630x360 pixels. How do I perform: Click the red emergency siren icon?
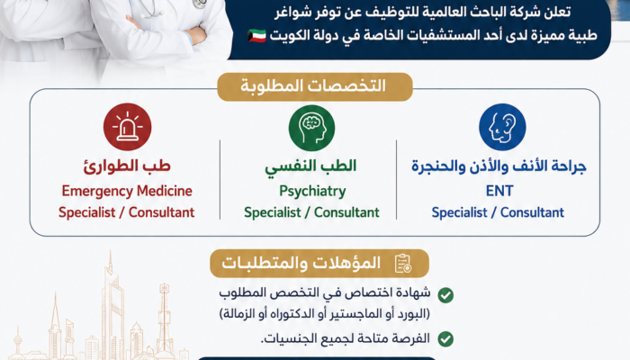[x=128, y=127]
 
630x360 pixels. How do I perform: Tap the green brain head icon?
[x=311, y=128]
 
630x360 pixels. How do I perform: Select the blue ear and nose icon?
[x=502, y=127]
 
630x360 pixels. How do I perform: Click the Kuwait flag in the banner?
[x=256, y=35]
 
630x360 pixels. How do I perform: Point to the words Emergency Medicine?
[x=127, y=191]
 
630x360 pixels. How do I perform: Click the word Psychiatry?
[x=312, y=191]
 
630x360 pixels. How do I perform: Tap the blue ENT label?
[x=499, y=191]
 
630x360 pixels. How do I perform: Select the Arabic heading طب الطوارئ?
[x=127, y=166]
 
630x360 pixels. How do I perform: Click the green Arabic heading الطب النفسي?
[x=310, y=166]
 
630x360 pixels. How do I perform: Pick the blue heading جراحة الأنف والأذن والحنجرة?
[x=499, y=166]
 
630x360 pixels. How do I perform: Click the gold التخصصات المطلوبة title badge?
[x=315, y=86]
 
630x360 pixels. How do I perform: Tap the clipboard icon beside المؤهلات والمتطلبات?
[x=403, y=264]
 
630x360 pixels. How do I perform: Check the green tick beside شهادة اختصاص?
[x=445, y=295]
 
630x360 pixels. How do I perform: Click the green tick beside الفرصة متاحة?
[x=445, y=339]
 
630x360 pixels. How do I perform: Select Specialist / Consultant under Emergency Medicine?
[x=127, y=212]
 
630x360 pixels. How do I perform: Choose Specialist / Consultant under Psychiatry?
[x=311, y=212]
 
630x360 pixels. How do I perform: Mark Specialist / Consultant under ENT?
[x=498, y=212]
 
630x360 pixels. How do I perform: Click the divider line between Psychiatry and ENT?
[x=397, y=180]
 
